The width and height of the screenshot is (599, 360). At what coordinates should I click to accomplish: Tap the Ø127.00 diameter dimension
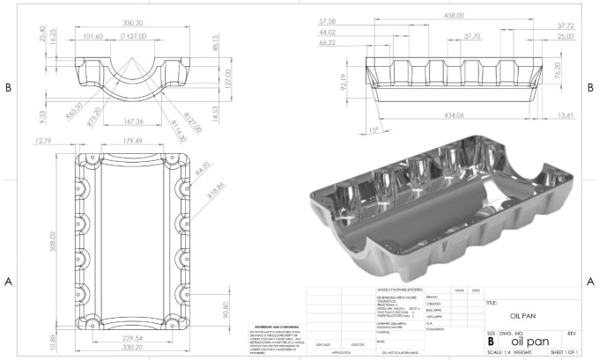[132, 37]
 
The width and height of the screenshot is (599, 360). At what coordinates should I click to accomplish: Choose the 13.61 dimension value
[565, 115]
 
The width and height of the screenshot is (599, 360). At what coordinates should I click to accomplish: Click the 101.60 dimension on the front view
[92, 37]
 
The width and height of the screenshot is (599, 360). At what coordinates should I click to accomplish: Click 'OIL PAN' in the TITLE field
[525, 314]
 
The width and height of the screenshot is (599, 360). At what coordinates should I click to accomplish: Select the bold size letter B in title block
[491, 341]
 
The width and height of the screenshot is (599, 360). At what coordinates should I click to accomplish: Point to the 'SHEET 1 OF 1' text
[566, 352]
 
